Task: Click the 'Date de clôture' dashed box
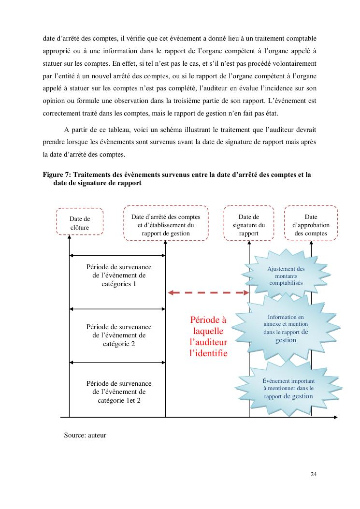pos(80,221)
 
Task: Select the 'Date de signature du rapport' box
pos(248,223)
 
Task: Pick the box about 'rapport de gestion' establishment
pos(166,223)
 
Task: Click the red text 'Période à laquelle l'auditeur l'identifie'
pos(208,336)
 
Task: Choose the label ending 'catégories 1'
pos(119,276)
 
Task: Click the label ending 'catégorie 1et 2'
pos(119,392)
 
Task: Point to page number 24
pos(314,474)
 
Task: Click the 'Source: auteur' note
pos(85,435)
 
